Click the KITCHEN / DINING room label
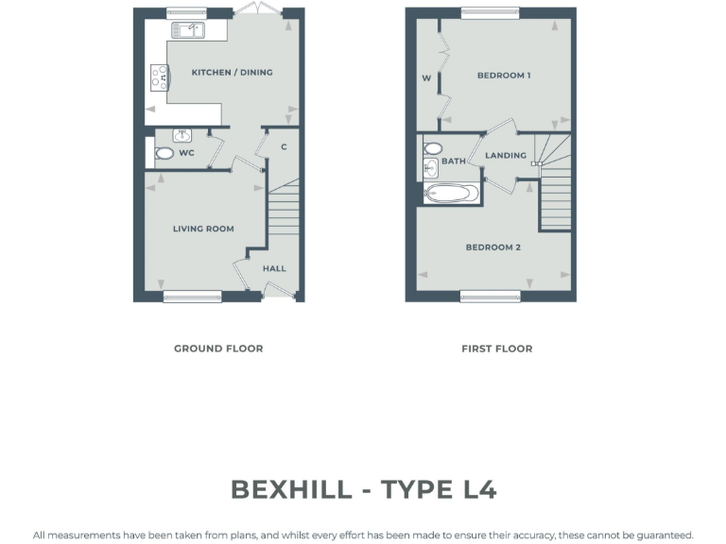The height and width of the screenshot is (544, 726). tap(232, 73)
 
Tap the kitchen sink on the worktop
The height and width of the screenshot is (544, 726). tap(186, 31)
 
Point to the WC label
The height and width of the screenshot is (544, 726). tap(186, 152)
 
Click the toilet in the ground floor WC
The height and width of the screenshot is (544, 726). tap(164, 152)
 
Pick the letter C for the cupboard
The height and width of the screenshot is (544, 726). tap(284, 147)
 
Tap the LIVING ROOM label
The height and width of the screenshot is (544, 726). tap(203, 229)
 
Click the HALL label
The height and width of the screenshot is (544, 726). tap(274, 268)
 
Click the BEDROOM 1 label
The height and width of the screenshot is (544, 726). tap(503, 75)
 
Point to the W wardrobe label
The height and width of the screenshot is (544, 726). tap(426, 78)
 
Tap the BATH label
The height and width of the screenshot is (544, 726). tap(454, 161)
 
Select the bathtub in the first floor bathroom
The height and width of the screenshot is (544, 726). tap(452, 194)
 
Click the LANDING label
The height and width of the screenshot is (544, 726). tap(505, 155)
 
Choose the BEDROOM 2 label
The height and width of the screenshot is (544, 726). tap(493, 247)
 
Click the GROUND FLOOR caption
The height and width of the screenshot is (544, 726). tap(218, 348)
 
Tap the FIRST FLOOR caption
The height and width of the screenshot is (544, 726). tap(496, 348)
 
